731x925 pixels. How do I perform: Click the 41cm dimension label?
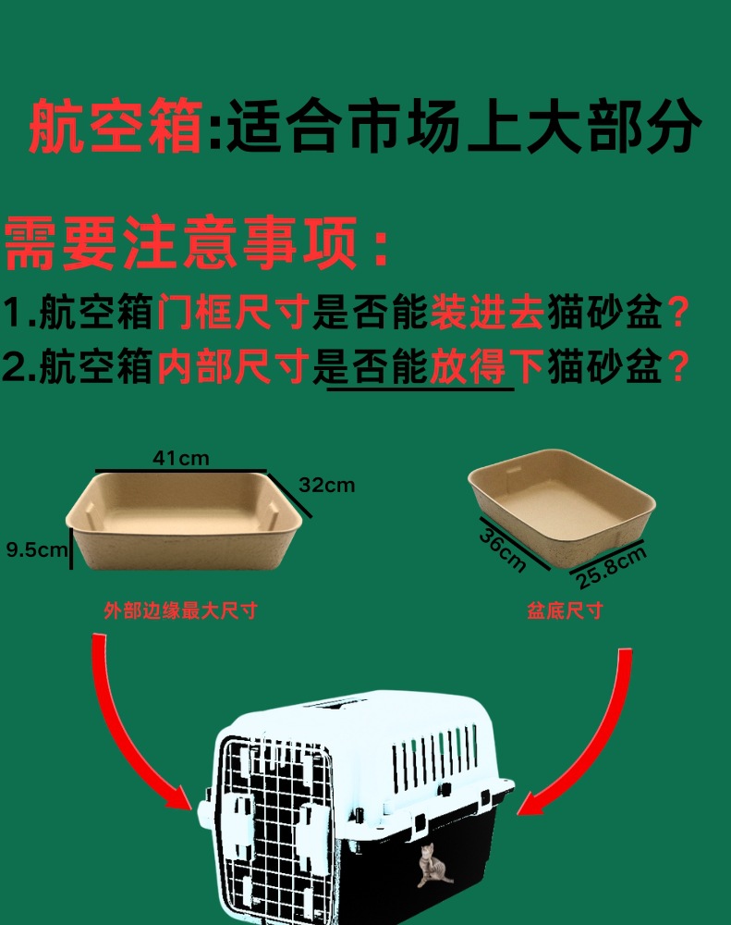click(181, 457)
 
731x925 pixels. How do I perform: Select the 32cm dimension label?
click(326, 485)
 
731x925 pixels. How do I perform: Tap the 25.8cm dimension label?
click(611, 567)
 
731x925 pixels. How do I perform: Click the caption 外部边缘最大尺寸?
click(180, 610)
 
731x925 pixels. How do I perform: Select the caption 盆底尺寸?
click(565, 610)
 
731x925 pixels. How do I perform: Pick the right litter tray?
click(562, 499)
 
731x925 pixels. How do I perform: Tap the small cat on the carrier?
click(432, 866)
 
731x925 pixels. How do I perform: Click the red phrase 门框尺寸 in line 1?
click(231, 314)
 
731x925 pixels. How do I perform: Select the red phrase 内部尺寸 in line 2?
click(231, 369)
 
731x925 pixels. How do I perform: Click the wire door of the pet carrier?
click(274, 823)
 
